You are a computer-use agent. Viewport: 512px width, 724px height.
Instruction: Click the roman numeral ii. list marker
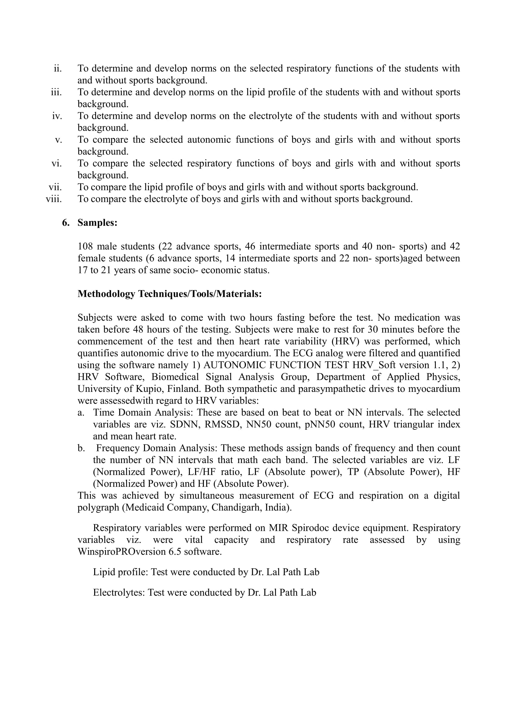pos(58,68)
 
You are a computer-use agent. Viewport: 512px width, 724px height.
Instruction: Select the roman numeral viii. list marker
pos(54,199)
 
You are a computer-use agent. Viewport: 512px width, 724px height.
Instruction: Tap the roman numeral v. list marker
pos(58,140)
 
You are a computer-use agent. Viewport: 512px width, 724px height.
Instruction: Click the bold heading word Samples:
pos(98,223)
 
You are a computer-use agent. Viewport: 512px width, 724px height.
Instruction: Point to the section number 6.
pos(66,223)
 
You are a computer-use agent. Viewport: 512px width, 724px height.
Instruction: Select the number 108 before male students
pos(85,246)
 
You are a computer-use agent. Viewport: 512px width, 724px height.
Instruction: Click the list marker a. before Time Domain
pos(81,412)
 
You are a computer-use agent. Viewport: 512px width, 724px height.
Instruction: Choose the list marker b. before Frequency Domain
pos(81,448)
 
